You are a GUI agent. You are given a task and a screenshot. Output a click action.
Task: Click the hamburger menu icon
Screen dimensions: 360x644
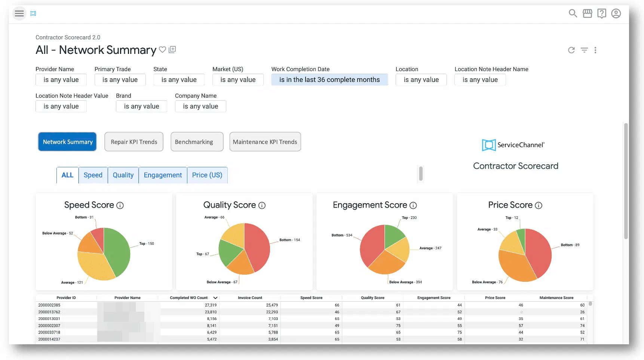point(19,13)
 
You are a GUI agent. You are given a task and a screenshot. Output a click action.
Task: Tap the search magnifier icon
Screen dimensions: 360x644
point(573,13)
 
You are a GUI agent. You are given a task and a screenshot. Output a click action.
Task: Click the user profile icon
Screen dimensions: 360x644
point(616,13)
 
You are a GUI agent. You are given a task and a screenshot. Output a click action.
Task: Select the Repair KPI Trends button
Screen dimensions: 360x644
point(134,142)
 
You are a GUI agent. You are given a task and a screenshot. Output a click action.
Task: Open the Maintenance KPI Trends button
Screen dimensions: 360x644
point(265,142)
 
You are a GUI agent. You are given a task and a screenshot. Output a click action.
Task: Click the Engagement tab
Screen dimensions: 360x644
point(163,175)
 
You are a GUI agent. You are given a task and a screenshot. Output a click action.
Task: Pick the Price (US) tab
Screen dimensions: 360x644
point(207,175)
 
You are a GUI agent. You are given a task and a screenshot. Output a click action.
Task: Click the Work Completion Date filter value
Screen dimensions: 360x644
point(329,80)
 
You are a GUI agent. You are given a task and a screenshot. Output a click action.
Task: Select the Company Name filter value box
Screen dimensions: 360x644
point(200,106)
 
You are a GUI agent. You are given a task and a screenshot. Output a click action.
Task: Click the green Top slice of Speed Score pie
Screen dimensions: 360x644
point(118,251)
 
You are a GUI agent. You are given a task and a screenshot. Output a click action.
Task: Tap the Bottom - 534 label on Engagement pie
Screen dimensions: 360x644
point(342,235)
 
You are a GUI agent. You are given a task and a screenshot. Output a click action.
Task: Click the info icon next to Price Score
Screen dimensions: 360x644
point(539,205)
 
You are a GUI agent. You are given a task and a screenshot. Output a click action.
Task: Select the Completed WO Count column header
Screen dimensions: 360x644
point(188,298)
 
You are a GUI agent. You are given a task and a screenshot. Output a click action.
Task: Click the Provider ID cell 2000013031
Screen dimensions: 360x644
point(49,319)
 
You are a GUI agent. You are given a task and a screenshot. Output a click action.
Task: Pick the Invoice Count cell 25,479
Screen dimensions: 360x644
point(272,305)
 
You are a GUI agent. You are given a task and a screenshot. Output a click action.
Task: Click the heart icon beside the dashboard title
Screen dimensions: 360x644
point(162,49)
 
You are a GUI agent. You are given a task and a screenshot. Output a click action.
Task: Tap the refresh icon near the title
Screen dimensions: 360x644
point(571,50)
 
